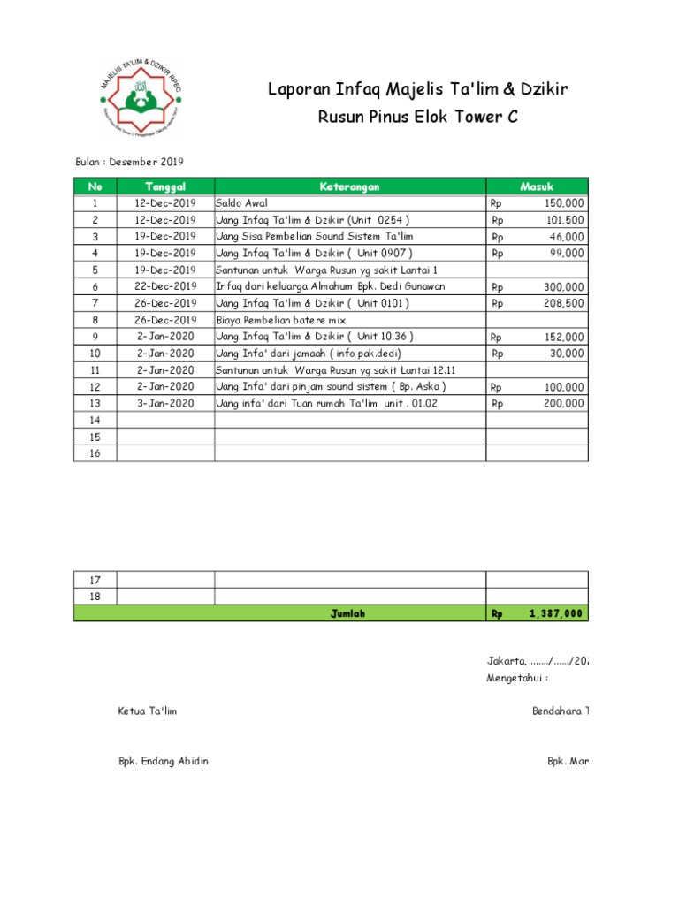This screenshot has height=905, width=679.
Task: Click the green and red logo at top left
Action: [x=140, y=99]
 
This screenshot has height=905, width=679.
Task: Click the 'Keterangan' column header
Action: [x=350, y=186]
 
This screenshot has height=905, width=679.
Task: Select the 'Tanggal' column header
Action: [x=165, y=186]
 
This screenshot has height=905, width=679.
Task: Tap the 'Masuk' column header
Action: [x=537, y=186]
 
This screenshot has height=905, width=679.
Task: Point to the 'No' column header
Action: [x=95, y=186]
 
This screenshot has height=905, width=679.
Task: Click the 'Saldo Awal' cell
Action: [x=241, y=203]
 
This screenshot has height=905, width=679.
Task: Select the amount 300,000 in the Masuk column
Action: [x=563, y=287]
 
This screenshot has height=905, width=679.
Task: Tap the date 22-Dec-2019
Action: [x=165, y=286]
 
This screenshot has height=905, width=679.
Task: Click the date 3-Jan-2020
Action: [x=165, y=404]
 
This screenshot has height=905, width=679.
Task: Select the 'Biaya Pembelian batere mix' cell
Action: [x=281, y=320]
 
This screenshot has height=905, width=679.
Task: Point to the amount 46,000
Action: [x=566, y=237]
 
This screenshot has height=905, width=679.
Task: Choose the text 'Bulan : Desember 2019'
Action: [x=128, y=162]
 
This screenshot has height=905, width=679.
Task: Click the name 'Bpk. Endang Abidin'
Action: [x=164, y=762]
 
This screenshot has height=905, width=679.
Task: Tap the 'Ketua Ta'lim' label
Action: [x=148, y=711]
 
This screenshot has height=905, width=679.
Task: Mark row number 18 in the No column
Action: [x=95, y=597]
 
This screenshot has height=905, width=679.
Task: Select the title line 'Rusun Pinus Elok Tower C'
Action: [x=417, y=118]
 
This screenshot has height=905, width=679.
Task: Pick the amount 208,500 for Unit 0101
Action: [x=563, y=303]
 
